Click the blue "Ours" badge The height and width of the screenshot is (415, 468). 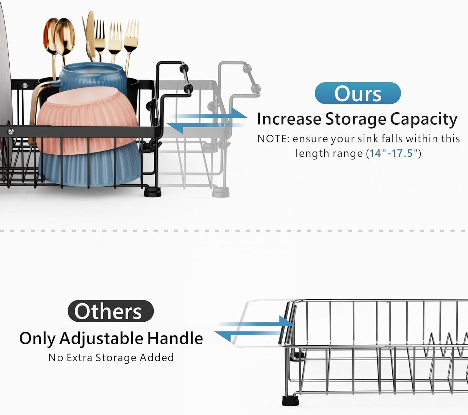click(x=358, y=93)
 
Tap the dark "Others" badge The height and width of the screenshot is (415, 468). click(x=110, y=311)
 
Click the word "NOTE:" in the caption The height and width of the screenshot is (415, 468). click(x=273, y=139)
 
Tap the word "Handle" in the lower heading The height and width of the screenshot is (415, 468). click(x=175, y=338)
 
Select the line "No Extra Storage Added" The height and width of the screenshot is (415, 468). click(x=111, y=357)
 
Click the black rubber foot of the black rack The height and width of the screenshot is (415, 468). click(x=152, y=193)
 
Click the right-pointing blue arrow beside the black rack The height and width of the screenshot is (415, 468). click(x=240, y=115)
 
